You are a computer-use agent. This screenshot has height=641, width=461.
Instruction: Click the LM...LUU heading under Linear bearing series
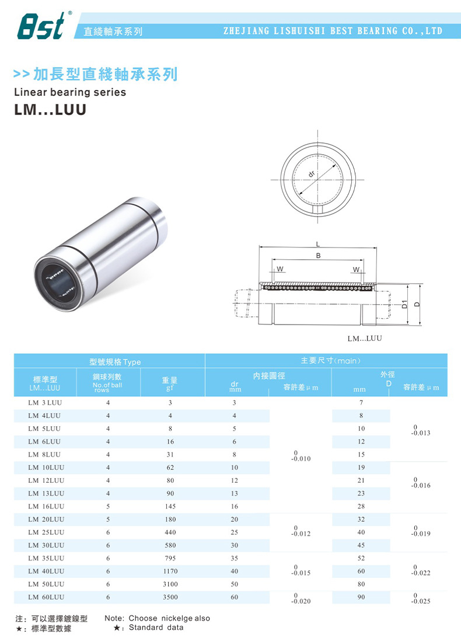[x=50, y=109]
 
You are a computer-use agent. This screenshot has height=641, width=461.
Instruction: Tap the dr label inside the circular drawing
[x=312, y=173]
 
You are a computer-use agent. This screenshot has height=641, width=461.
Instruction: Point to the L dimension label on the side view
[x=318, y=243]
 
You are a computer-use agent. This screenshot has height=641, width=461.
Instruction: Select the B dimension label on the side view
[x=318, y=256]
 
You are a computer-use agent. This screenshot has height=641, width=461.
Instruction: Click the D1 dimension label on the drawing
[x=404, y=304]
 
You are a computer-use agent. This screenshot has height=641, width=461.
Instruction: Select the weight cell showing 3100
[x=170, y=584]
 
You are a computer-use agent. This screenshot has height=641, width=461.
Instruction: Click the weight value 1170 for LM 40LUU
[x=170, y=572]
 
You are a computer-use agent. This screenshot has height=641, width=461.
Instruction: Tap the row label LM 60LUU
[x=46, y=597]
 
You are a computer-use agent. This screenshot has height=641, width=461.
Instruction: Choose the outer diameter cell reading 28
[x=361, y=507]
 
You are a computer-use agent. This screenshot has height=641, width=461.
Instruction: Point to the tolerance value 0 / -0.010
[x=301, y=455]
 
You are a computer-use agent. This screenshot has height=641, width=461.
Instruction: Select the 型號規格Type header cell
[x=110, y=361]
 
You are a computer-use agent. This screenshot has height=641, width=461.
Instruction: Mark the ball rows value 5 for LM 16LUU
[x=108, y=507]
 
